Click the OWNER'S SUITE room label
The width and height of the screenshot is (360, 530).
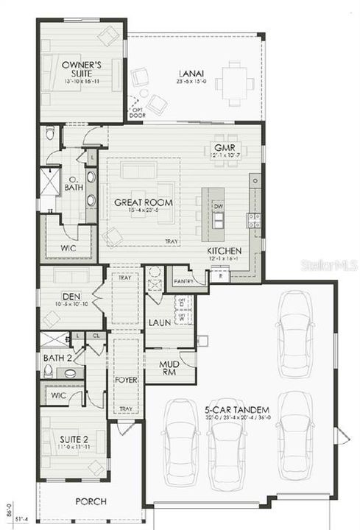coord(82,68)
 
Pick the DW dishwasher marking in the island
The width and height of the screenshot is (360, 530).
coord(218,207)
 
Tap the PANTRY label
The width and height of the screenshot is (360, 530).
coord(183,281)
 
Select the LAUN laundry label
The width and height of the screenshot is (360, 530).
coord(160,322)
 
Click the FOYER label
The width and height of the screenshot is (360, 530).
coord(127,380)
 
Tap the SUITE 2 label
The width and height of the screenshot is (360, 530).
coord(74,440)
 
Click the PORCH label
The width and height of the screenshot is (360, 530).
coord(91,501)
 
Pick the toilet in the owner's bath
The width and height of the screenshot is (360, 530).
coord(50,133)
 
